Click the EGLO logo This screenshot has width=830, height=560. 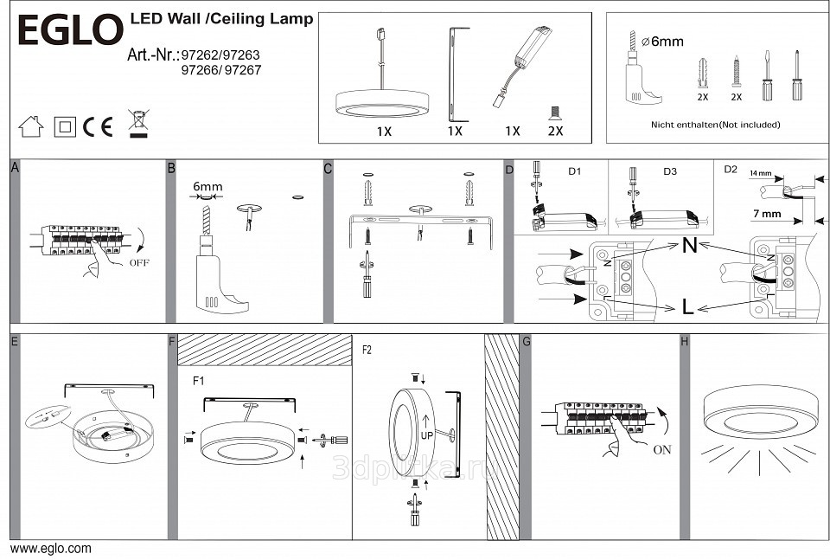(x=70, y=30)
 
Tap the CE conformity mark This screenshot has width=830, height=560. (x=98, y=126)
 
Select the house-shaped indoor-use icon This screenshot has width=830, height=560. (x=31, y=126)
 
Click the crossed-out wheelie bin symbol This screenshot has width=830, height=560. (x=137, y=122)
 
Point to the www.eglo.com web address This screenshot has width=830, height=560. (x=51, y=549)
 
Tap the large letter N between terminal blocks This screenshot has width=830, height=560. (x=689, y=245)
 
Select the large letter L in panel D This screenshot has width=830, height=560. (x=687, y=306)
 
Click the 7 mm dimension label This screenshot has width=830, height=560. (x=766, y=214)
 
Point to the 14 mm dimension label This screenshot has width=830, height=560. (x=759, y=174)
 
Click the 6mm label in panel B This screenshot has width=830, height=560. (x=207, y=186)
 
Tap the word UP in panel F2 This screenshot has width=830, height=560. (x=426, y=436)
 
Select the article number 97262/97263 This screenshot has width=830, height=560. (x=220, y=55)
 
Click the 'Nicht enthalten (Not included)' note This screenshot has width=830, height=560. (x=715, y=125)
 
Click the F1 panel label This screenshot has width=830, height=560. (x=198, y=380)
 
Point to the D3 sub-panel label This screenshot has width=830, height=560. (x=670, y=171)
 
